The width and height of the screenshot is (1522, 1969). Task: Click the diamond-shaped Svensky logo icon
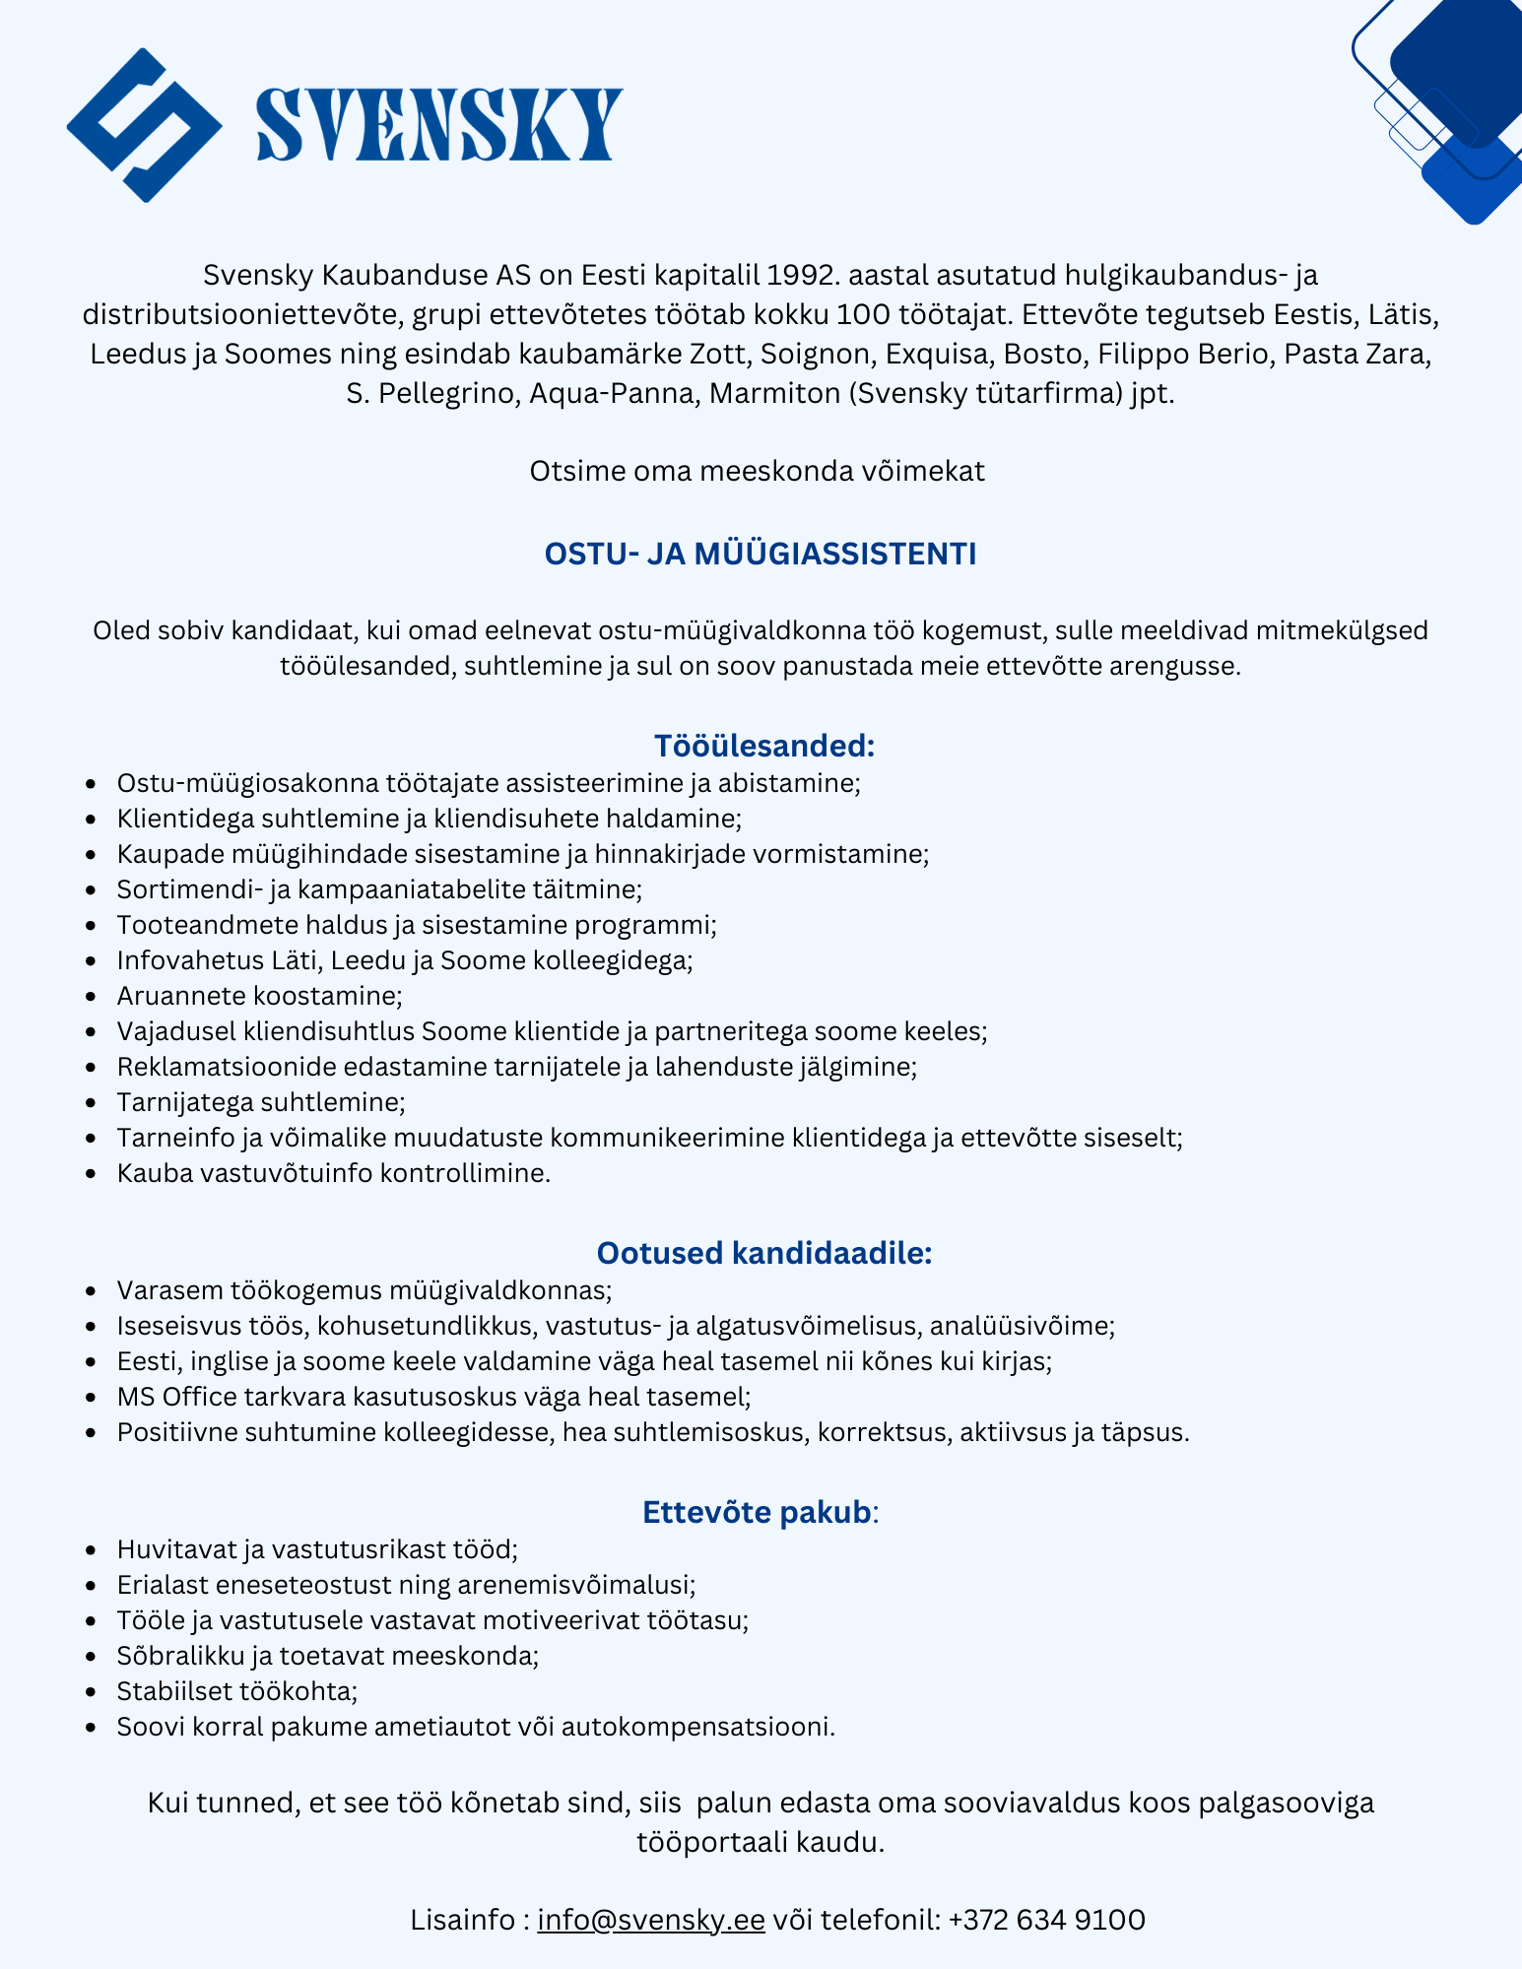(144, 125)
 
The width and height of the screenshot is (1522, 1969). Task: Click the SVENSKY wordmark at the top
(438, 125)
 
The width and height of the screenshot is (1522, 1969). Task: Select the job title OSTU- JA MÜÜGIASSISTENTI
(761, 555)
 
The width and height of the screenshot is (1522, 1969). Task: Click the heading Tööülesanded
(764, 746)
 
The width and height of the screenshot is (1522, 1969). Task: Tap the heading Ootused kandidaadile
(764, 1253)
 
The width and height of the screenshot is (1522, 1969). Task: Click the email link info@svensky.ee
(651, 1920)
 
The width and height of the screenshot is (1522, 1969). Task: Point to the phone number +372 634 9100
(1046, 1920)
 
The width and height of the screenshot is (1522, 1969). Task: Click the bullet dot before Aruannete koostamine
(92, 997)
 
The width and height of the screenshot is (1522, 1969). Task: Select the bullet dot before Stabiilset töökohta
(92, 1692)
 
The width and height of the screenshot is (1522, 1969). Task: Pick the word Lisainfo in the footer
(466, 1920)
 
